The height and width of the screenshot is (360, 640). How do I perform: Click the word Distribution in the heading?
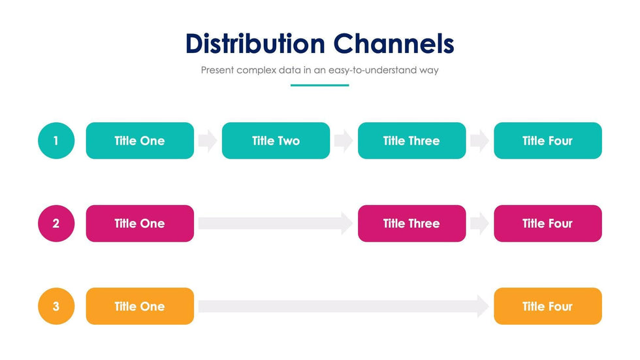coord(255,43)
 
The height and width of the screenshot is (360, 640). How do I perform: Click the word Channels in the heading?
coord(394,43)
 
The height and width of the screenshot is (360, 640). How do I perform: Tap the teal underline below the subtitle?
coord(319,86)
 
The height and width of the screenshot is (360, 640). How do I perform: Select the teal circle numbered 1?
coord(56,140)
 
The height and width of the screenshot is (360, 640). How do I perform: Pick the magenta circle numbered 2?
coord(56,223)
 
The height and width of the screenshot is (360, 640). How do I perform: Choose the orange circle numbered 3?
coord(56,306)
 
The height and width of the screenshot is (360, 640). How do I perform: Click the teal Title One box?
coord(140,140)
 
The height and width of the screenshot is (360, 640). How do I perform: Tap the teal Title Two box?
coord(276,140)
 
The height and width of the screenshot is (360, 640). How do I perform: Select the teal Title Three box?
coord(412,140)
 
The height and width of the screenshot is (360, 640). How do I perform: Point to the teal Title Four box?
coord(548,140)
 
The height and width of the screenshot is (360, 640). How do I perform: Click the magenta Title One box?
coord(140,223)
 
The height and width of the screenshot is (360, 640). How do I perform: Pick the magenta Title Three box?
coord(412,223)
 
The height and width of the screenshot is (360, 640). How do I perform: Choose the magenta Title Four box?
coord(548,223)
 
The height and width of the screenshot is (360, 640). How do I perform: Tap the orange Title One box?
coord(140,306)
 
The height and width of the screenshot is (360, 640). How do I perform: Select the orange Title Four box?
coord(548,306)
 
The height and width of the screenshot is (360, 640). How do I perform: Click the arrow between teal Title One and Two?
coord(208,141)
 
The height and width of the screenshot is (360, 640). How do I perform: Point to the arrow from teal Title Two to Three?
coord(344,141)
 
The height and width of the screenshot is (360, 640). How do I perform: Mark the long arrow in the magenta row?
coord(276,223)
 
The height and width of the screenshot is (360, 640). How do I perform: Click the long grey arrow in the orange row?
coord(344,306)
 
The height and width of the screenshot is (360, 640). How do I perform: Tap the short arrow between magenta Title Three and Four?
coord(479,223)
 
